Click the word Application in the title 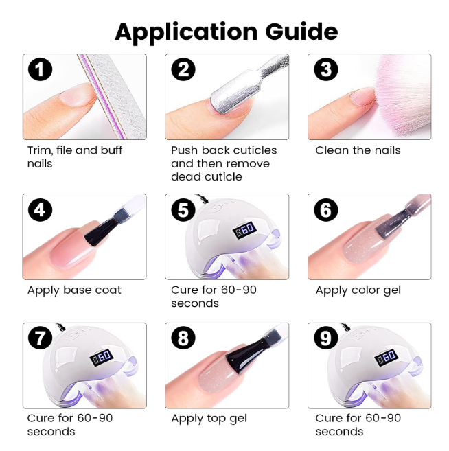coord(186,33)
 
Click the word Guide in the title coord(301,31)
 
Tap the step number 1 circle coord(40,69)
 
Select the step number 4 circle coord(40,209)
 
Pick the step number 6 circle coord(326,209)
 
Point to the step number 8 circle coord(183,338)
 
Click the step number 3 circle coord(326,69)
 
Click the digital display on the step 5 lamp coord(244,229)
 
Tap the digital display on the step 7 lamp coord(101,358)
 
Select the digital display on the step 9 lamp coord(387,358)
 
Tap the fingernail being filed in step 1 coord(76,94)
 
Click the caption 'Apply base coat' coord(74,290)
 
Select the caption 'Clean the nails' coord(358,150)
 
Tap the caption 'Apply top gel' coord(209,419)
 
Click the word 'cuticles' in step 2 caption coord(255,150)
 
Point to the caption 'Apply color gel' coord(358,290)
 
